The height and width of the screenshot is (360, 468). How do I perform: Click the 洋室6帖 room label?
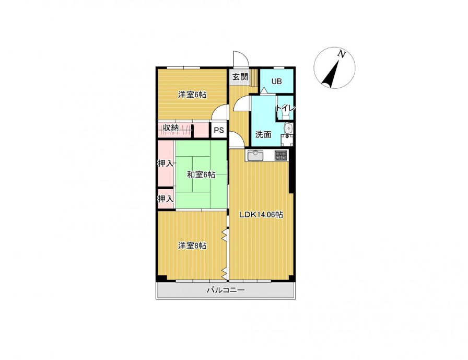192,95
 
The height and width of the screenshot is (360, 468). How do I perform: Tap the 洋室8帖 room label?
192,246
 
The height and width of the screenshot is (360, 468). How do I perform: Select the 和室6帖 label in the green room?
201,175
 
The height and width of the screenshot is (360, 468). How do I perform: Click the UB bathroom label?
276,82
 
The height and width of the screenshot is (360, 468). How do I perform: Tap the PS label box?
219,130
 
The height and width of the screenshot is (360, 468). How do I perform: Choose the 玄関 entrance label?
240,77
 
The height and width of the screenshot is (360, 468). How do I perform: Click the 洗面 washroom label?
263,135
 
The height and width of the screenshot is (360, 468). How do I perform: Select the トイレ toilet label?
285,108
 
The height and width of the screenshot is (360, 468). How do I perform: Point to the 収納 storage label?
171,128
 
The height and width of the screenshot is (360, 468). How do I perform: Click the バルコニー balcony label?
226,290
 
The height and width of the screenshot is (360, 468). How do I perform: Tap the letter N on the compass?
342,54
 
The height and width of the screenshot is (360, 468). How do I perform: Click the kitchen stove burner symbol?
280,155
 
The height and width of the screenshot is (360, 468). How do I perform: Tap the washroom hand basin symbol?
289,129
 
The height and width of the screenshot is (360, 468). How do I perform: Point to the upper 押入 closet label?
166,164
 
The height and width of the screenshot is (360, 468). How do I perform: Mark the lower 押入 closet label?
166,199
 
